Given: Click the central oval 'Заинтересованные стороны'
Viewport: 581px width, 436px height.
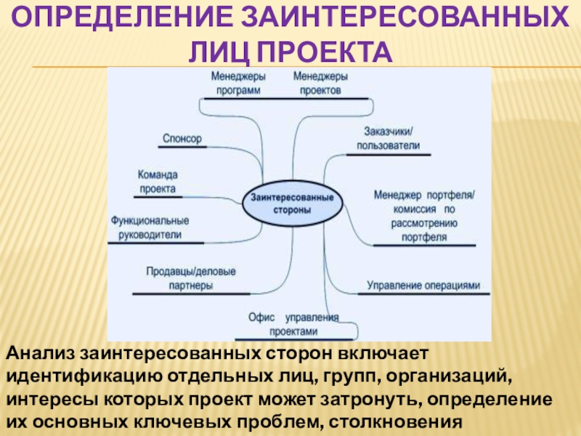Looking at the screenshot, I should pos(292,203).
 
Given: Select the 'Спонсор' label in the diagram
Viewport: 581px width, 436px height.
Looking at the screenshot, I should pos(182,138).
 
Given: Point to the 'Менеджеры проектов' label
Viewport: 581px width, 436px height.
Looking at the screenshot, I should pos(320,83).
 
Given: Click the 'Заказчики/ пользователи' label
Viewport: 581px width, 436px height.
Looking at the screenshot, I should pos(388,138).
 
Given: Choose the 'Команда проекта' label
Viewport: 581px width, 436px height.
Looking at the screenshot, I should pos(158,181).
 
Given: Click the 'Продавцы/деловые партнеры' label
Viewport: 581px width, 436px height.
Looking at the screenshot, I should pos(190,278).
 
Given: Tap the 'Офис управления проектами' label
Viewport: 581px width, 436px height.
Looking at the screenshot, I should pos(293,323).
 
